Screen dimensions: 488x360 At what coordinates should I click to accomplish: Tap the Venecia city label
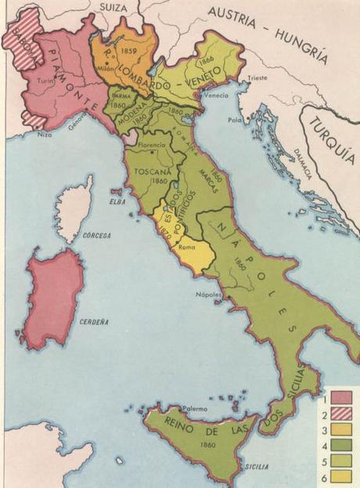click(216, 95)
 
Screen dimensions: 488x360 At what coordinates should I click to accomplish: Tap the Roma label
click(187, 248)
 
